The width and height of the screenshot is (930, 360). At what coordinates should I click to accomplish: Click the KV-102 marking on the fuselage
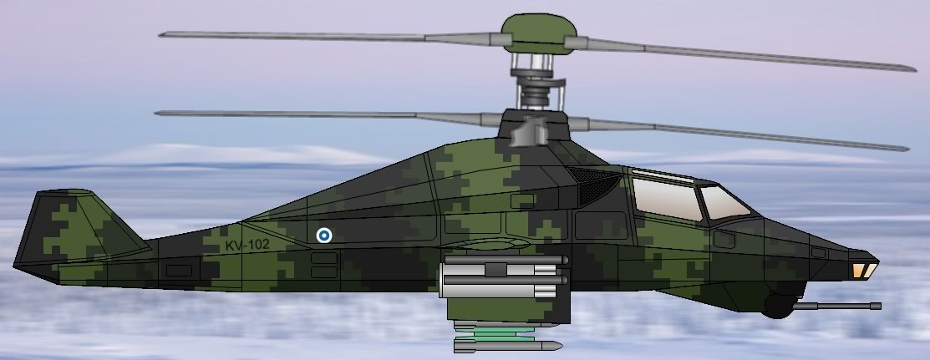247,245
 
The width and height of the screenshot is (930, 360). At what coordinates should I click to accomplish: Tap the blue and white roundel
323,236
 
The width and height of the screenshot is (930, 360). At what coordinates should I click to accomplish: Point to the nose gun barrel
837,306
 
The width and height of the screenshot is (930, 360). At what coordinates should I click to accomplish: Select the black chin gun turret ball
778,306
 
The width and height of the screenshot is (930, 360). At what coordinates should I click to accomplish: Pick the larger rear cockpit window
668,197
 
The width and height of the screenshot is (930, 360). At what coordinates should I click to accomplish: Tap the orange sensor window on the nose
864,271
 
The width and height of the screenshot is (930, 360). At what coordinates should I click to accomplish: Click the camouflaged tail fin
77,228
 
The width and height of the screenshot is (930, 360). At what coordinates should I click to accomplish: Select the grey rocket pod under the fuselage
503,276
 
